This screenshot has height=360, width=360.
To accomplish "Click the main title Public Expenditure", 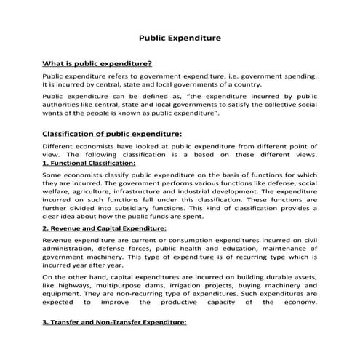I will (x=180, y=37).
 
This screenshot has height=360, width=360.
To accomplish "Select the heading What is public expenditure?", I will (x=97, y=63).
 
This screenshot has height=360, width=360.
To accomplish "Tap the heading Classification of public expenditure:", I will (x=112, y=133).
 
